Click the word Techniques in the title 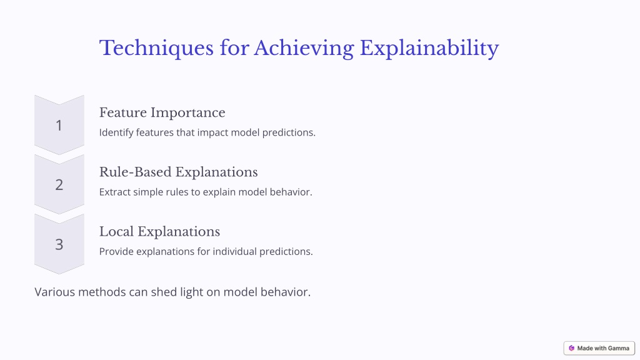(156, 49)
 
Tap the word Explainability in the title (429, 49)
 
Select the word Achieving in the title (304, 49)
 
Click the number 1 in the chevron (59, 125)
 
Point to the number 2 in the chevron (59, 184)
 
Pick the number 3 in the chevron (59, 244)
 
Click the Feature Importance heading (162, 112)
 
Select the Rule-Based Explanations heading (178, 172)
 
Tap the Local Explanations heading (159, 232)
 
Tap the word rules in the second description (177, 192)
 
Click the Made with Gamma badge (599, 348)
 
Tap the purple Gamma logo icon (571, 348)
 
